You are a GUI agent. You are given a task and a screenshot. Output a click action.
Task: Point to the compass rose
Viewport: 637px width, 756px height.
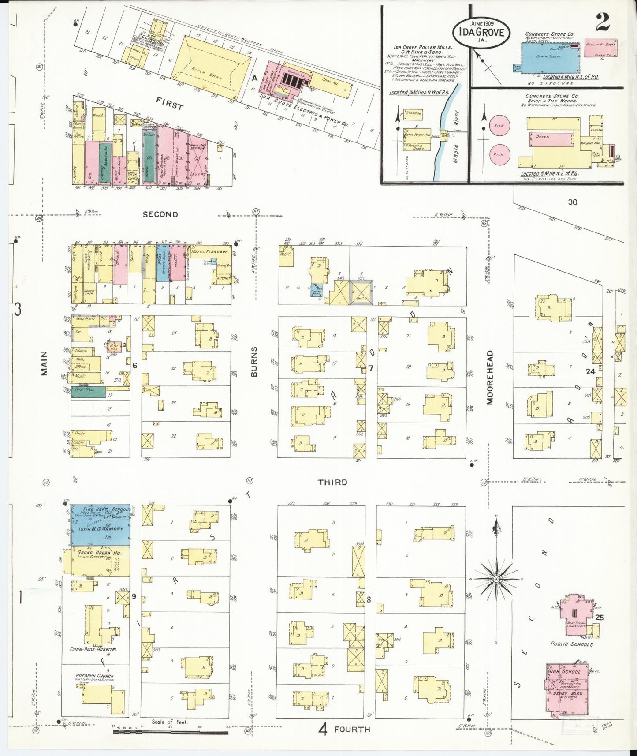[496, 579]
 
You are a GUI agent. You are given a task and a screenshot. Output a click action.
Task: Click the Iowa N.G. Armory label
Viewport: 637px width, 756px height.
[95, 528]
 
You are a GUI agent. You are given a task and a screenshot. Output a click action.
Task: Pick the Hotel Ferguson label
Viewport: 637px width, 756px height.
[210, 251]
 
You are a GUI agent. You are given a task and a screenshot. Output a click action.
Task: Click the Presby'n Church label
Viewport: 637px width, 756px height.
[94, 676]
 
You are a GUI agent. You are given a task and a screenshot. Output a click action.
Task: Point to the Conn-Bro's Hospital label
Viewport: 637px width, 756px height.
[93, 649]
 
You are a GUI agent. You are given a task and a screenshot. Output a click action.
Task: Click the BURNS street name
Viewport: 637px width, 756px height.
[254, 362]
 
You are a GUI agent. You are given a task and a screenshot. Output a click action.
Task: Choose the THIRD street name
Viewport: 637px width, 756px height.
[333, 482]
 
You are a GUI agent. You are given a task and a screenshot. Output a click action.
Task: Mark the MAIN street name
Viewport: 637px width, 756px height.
[44, 367]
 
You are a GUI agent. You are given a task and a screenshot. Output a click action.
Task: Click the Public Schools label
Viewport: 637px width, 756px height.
[571, 644]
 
